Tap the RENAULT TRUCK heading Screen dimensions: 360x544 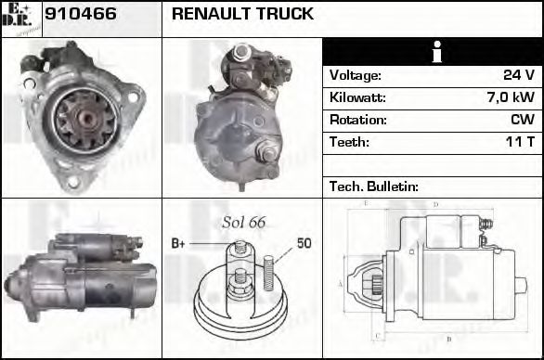[242, 15]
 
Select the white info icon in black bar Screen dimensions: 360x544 [433, 52]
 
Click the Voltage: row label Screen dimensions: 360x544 [355, 75]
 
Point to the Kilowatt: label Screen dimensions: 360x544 [357, 97]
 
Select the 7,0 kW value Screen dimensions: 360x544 [511, 97]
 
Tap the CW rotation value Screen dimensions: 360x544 [523, 120]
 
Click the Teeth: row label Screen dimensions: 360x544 [349, 142]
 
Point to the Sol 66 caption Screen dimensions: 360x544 [243, 223]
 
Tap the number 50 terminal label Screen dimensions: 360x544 [304, 243]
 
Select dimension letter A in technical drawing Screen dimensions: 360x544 [340, 283]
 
